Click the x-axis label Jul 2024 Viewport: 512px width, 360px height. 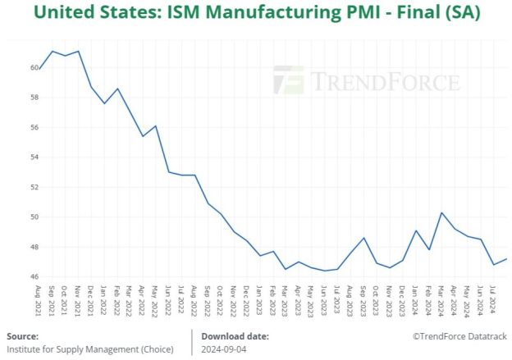point(492,300)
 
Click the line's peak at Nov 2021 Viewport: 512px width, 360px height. point(78,51)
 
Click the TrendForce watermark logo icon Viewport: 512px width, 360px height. point(289,80)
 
